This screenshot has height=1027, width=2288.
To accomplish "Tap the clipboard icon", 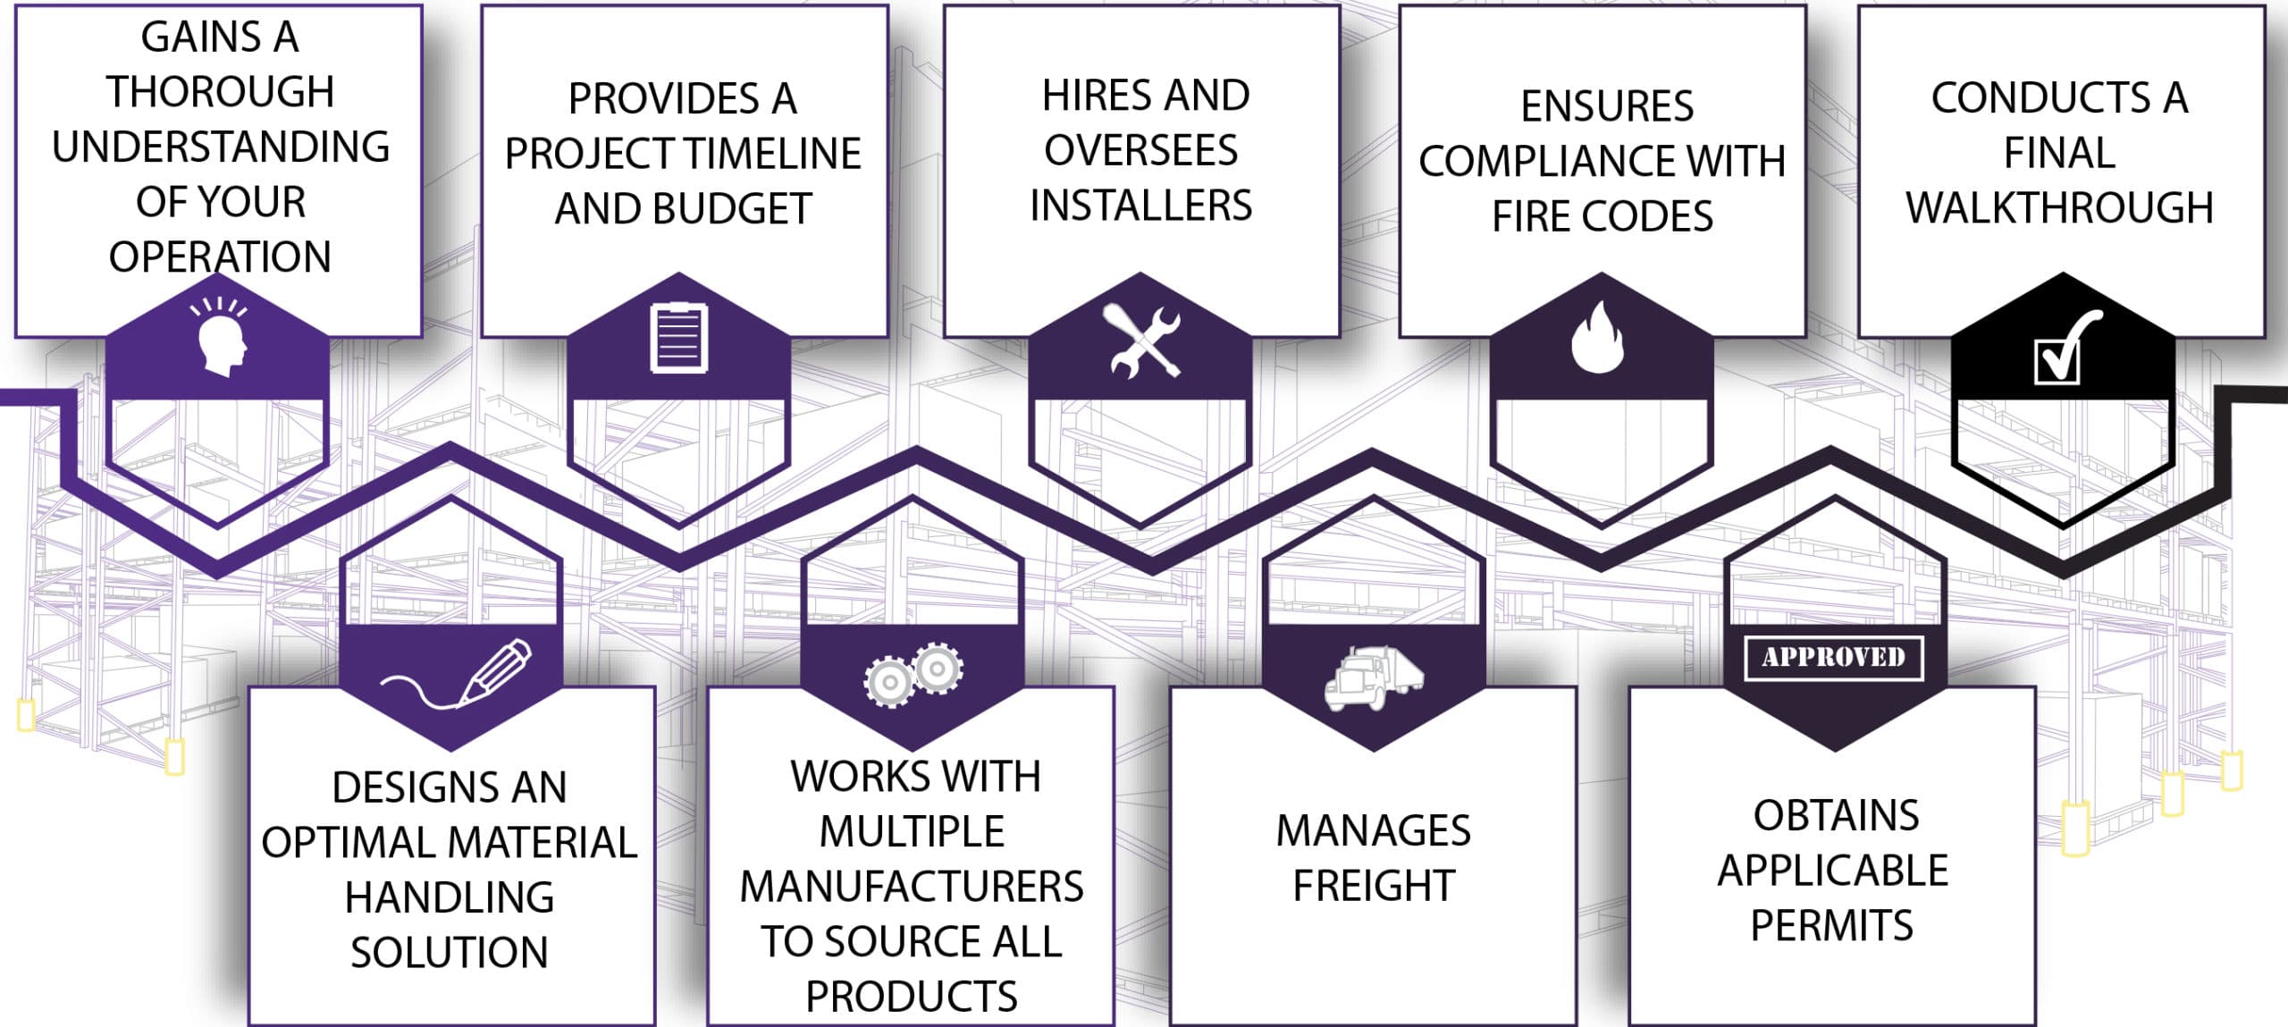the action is (679, 339).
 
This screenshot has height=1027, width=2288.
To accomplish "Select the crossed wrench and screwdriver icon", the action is (1143, 341).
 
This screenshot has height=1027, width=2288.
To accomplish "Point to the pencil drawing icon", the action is (456, 675).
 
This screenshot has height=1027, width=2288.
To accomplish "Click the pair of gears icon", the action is (913, 674).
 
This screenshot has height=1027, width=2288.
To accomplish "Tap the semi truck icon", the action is (1374, 678).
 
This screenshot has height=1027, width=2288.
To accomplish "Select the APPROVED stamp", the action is (1834, 658).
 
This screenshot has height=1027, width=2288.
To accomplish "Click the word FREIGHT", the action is (1374, 886).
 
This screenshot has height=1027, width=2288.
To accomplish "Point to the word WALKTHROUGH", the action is (2059, 207).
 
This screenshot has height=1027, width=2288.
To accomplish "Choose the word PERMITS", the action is (1832, 925).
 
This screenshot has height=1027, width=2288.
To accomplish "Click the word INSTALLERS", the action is (1141, 205).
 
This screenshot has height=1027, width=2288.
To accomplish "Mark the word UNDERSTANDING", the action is (221, 147).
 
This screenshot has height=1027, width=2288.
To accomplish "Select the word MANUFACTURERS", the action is (912, 887).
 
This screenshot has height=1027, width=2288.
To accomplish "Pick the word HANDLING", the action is (450, 897).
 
